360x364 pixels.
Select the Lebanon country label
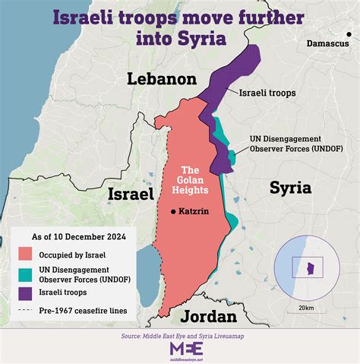point(162,78)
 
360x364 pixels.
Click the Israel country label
point(131,195)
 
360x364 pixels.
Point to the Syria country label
point(290,186)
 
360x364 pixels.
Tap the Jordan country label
point(202,315)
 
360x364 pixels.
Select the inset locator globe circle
point(303,267)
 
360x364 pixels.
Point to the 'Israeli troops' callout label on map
point(267,93)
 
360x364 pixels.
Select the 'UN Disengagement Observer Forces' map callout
point(285,144)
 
